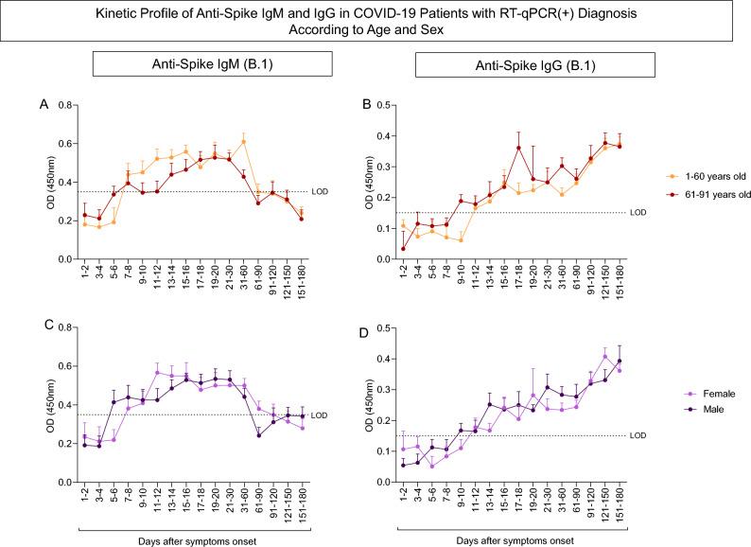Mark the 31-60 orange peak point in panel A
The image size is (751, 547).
[x=244, y=142]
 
